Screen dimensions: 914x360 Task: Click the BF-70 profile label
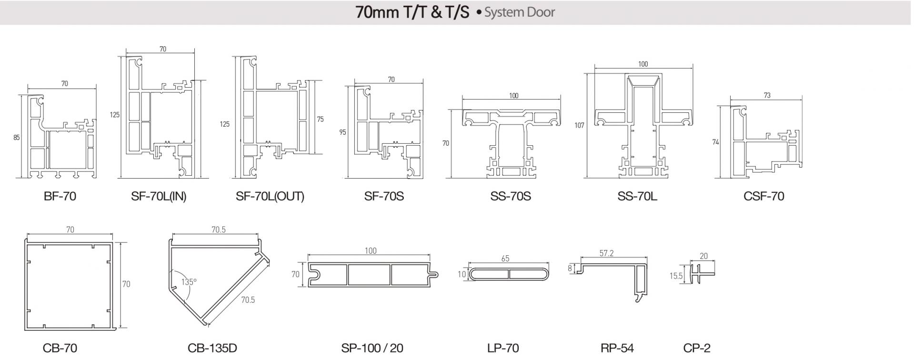tap(60, 196)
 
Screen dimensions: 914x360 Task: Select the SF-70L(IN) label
tap(159, 196)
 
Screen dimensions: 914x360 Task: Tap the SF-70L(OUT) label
tap(270, 196)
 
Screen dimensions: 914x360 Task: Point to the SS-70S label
tap(511, 196)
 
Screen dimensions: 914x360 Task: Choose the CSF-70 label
tap(763, 196)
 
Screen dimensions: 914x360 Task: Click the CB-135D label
tap(212, 348)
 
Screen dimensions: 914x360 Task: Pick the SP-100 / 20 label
tap(372, 348)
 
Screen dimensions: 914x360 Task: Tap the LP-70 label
tap(503, 348)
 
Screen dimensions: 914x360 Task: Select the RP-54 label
tap(617, 348)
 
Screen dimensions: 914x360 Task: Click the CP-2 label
tap(697, 348)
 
